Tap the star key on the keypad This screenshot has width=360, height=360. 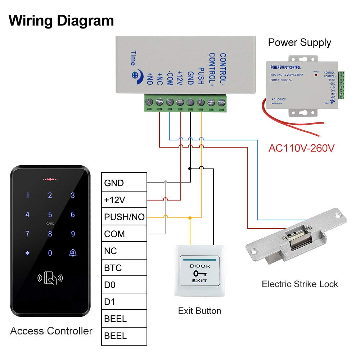coord(27,253)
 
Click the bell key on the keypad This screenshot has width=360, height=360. coord(73,253)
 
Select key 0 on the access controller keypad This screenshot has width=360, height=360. coord(50,253)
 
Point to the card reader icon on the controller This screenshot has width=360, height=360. coord(50,278)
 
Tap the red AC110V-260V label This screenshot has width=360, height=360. coord(301,148)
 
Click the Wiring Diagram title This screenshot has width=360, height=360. coord(61,21)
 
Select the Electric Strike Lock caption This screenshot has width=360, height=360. coord(300,284)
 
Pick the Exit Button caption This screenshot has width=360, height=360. coord(199,311)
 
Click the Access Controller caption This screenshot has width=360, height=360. coord(51,331)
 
